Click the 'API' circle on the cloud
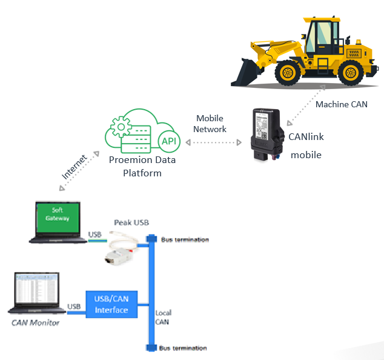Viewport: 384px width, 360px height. pos(168,141)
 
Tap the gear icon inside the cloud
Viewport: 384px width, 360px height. pos(121,128)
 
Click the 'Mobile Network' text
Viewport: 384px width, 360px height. pos(210,124)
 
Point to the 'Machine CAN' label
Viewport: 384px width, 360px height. pos(342,104)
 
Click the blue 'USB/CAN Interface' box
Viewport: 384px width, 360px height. pos(111,304)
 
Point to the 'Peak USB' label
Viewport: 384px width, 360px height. pos(131,222)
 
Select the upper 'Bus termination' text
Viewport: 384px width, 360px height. pos(185,240)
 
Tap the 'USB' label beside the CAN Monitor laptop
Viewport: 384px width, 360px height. pos(74,307)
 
